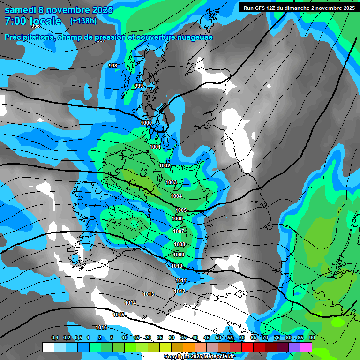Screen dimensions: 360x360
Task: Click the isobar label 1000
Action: coord(146,123)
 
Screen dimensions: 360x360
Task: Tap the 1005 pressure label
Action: coord(181,210)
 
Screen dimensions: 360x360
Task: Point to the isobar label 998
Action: coord(113,66)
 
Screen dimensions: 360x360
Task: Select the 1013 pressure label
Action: coord(149,294)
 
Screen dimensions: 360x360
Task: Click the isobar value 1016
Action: coord(101,327)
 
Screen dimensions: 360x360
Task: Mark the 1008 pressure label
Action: coord(180,244)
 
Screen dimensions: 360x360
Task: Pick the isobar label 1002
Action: coord(165,165)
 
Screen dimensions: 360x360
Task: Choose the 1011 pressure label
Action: coord(181,280)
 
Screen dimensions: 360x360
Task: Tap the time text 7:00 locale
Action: coord(33,21)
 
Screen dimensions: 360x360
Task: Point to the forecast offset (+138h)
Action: coord(83,21)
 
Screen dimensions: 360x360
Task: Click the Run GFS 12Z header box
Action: coord(299,7)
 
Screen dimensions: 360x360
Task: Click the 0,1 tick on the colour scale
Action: coord(55,337)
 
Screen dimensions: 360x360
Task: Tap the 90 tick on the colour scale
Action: coord(312,337)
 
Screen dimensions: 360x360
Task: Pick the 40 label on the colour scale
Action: coord(195,337)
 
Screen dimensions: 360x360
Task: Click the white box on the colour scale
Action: coord(48,347)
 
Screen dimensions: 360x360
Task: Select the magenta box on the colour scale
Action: coord(306,347)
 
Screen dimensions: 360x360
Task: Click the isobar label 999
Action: coord(139,86)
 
